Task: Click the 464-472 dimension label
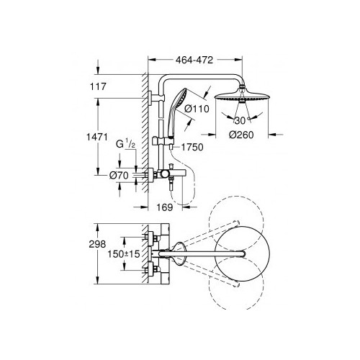click(194, 60)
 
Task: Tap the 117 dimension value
click(98, 86)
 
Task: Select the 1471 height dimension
click(97, 137)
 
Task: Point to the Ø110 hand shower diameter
click(197, 109)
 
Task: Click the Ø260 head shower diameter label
click(241, 135)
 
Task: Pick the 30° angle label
click(240, 120)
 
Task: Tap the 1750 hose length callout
click(192, 147)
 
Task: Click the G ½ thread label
click(126, 144)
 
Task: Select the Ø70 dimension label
click(119, 176)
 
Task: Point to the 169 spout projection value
click(165, 207)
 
